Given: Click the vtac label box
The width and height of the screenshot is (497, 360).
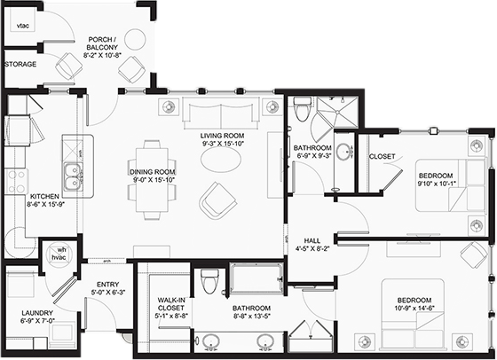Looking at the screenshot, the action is (22, 26).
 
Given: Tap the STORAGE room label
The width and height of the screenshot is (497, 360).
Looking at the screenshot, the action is (20, 64).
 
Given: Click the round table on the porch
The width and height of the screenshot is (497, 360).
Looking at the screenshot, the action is (135, 40).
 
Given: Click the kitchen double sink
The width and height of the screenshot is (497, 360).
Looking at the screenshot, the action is (73, 176).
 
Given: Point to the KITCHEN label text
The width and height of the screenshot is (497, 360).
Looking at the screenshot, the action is (44, 197).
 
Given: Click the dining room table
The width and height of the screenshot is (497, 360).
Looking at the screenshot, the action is (152, 180).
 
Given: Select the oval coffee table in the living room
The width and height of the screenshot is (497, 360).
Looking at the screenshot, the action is (221, 160).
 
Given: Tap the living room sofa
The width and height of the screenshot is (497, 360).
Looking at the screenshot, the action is (221, 113).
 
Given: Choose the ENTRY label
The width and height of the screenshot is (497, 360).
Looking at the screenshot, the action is (107, 285).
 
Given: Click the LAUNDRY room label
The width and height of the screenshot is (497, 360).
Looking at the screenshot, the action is (37, 313).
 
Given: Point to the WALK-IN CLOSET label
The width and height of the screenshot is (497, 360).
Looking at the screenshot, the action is (170, 304).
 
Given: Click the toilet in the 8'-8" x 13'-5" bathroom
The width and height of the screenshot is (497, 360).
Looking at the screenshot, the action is (209, 281).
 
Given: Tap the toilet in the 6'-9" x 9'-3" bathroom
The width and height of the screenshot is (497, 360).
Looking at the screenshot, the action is (301, 109).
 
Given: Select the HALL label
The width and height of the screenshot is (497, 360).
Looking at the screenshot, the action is (312, 240).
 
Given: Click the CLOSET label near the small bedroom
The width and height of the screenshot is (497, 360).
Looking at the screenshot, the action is (382, 156).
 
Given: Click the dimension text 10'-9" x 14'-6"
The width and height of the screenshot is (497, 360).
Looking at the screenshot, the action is (414, 308).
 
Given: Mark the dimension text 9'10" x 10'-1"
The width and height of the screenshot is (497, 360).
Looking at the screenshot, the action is (436, 184).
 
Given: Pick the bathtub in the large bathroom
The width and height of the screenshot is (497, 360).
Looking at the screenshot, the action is (256, 279).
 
